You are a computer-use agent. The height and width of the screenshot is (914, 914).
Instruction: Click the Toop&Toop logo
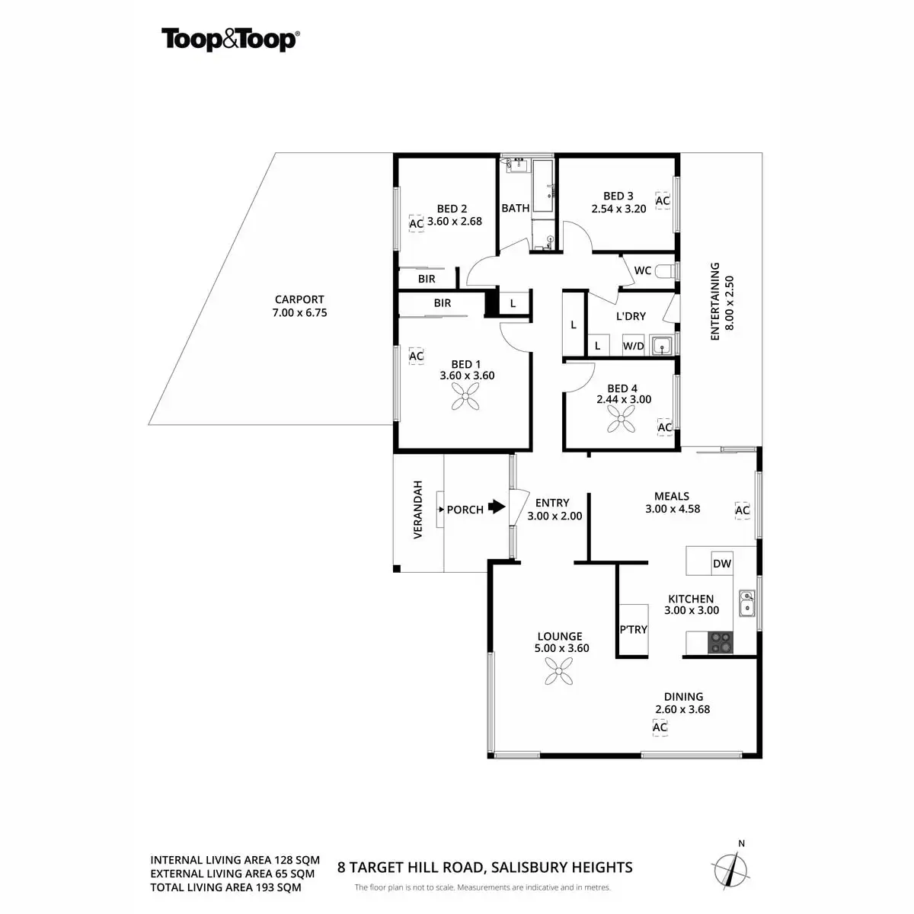(229, 39)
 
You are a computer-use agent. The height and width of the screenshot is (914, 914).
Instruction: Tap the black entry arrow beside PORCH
(497, 507)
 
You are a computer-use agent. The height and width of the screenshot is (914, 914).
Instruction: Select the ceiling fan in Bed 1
(466, 396)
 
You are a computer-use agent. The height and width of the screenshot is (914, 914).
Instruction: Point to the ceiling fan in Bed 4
(622, 417)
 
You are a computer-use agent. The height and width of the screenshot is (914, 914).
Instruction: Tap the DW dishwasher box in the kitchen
(721, 564)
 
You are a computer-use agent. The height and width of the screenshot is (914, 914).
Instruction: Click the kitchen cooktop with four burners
(721, 643)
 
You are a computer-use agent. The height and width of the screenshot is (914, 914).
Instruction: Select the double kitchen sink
(747, 602)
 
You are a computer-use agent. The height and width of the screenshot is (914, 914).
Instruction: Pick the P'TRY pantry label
(633, 629)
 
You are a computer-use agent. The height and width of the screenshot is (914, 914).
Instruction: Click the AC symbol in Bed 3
(663, 201)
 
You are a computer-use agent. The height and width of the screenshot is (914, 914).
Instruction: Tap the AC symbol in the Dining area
(660, 727)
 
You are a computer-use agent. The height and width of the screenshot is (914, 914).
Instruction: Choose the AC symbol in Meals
(742, 510)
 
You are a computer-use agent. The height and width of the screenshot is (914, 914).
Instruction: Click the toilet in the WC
(665, 271)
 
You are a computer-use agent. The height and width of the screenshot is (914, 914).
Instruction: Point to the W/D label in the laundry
(633, 347)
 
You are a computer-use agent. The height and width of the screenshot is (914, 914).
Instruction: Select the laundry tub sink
(663, 346)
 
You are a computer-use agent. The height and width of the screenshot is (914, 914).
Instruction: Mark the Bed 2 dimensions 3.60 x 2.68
(455, 222)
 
